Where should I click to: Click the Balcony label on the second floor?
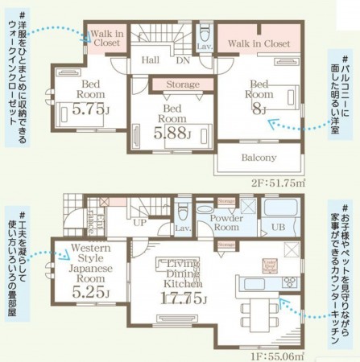259,158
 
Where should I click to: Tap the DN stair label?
182,59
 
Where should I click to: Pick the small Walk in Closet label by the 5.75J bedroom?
106,39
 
